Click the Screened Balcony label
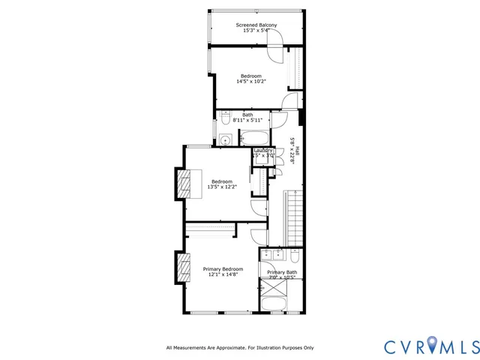(x=256, y=25)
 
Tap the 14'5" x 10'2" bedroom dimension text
(x=251, y=82)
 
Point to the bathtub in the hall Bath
(x=253, y=137)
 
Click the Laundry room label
(x=262, y=150)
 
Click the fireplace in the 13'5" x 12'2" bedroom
(x=184, y=182)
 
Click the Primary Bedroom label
(x=223, y=268)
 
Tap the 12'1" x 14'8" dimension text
(x=223, y=274)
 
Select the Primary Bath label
(x=282, y=272)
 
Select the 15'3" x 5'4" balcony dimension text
(x=256, y=31)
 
